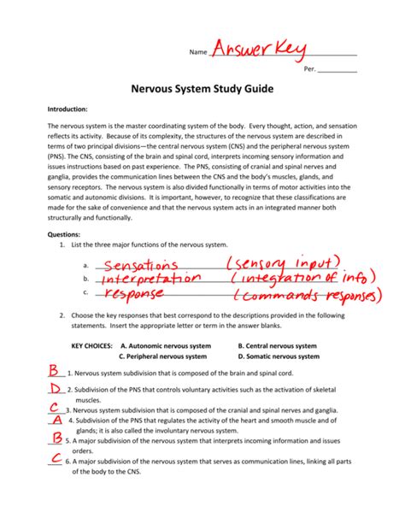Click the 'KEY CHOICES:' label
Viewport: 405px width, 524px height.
click(x=93, y=346)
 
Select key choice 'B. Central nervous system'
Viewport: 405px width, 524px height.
click(x=278, y=346)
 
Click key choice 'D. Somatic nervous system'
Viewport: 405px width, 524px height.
click(x=279, y=356)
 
